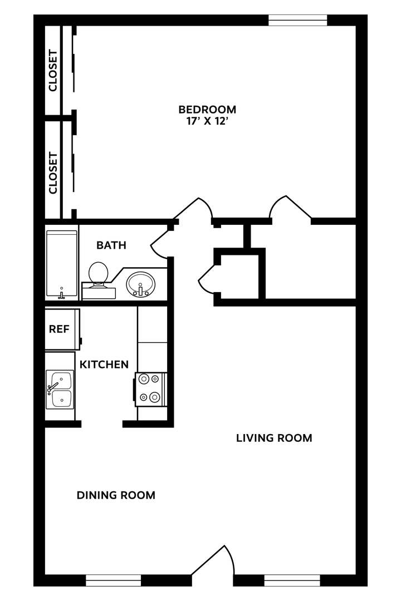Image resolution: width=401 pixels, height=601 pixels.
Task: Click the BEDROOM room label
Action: coord(207,109)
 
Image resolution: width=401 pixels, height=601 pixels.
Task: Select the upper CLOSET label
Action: coord(53,71)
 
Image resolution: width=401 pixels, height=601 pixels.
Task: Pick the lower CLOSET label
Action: coord(53,173)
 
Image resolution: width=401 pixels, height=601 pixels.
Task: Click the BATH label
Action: coord(111,245)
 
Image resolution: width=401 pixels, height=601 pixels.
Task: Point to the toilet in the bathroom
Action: coord(99,275)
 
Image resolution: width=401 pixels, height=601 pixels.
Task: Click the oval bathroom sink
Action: coord(140,284)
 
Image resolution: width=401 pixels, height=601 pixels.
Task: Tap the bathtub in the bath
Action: coord(61,265)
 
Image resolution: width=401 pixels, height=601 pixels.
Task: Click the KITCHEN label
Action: coord(104,364)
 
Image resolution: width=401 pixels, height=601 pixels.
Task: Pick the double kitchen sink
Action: coord(60,389)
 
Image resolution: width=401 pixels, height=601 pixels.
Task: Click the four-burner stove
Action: coord(150,388)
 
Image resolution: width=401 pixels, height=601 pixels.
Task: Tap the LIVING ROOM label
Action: coord(274,438)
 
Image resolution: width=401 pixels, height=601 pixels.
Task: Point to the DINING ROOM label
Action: coord(116,495)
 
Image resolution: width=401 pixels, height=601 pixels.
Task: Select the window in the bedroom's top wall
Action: coord(297,21)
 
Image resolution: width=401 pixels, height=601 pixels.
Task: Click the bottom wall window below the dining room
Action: coord(114,580)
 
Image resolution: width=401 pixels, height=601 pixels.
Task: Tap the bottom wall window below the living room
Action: coord(292,580)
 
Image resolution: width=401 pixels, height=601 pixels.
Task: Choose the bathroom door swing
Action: coord(159,244)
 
